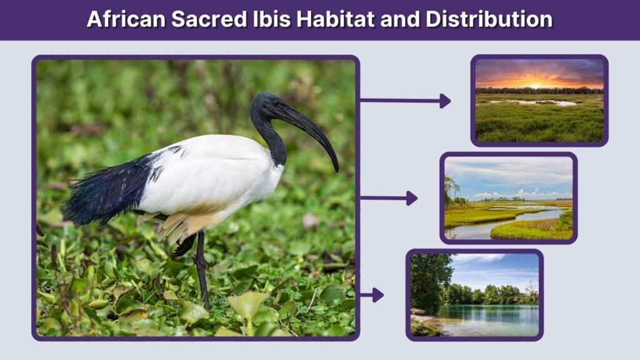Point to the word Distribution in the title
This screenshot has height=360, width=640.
coord(489,19)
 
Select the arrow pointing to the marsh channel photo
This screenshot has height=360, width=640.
coord(388,198)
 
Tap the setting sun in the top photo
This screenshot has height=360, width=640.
coord(538,82)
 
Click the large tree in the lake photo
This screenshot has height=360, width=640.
coord(429,278)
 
